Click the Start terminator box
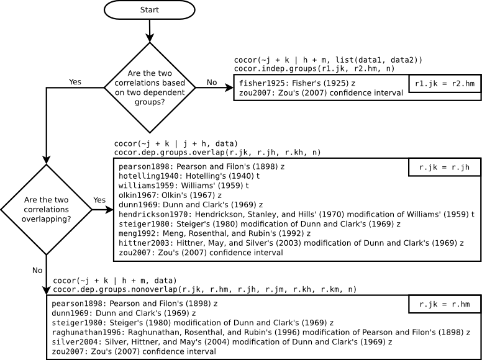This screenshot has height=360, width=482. click(x=150, y=10)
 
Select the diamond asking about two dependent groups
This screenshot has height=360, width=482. click(x=150, y=88)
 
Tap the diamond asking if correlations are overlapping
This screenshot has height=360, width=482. click(x=46, y=210)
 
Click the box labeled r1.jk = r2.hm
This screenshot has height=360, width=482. click(x=445, y=83)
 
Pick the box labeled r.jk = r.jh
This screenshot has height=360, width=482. click(x=445, y=167)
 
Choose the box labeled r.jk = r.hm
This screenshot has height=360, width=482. click(x=445, y=304)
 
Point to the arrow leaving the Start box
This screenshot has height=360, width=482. click(x=150, y=30)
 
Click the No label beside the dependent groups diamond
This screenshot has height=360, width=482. click(x=212, y=83)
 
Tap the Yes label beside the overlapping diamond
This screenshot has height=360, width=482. click(x=99, y=200)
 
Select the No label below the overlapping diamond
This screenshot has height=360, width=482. click(x=37, y=270)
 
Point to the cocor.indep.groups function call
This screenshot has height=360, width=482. click(x=314, y=68)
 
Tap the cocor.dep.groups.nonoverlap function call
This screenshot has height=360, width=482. click(x=204, y=289)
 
